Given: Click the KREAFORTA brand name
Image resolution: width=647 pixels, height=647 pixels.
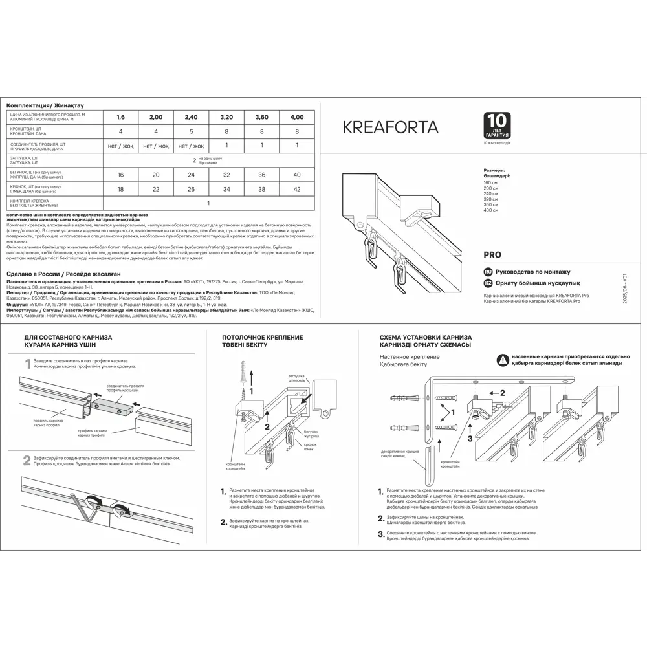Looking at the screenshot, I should tap(390, 127).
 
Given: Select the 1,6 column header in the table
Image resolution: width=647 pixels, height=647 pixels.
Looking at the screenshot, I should tap(121, 117).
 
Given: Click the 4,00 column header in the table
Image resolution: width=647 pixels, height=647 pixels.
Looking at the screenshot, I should tap(296, 117).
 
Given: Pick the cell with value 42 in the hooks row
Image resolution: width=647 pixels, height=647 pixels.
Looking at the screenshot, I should tap(296, 189).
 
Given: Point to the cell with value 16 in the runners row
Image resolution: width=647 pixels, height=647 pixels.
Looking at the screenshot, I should tap(121, 175).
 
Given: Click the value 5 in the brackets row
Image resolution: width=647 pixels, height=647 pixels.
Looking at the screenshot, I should tap(191, 131).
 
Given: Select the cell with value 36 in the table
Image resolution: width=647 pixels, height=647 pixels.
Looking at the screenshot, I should tap(261, 175).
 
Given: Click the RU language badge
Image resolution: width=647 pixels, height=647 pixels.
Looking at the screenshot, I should tap(488, 272).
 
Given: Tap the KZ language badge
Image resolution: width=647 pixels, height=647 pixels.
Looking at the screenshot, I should tap(488, 283).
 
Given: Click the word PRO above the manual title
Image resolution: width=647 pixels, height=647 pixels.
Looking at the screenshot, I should tap(492, 255).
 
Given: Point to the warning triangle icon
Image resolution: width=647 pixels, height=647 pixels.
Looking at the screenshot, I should tap(502, 360).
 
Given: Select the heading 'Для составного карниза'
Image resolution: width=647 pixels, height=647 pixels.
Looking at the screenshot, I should tap(67, 338).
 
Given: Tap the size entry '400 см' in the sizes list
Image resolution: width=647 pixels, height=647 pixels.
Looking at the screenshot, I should tap(491, 211).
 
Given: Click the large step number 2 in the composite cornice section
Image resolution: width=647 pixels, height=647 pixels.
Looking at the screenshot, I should tap(27, 461).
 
